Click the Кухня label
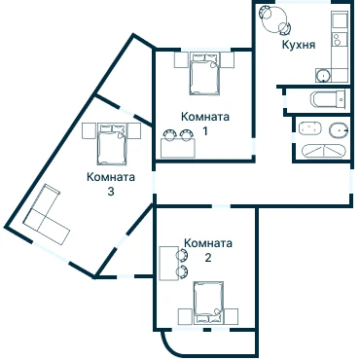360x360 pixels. (x=299, y=45)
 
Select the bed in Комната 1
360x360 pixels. (x=204, y=74)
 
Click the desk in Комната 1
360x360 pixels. (x=178, y=148)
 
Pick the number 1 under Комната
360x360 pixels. (x=205, y=131)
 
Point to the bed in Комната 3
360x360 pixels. (x=112, y=144)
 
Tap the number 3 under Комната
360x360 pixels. (x=111, y=192)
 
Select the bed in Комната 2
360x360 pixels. (x=208, y=303)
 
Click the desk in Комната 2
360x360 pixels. (x=169, y=263)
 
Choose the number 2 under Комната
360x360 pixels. (x=208, y=258)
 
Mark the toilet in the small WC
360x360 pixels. (x=327, y=98)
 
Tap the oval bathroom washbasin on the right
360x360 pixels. (x=338, y=130)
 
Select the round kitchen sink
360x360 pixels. (x=323, y=76)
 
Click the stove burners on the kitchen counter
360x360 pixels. (x=338, y=39)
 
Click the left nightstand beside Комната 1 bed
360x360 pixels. (x=181, y=59)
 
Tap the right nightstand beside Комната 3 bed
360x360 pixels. (x=133, y=130)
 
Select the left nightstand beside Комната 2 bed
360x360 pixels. (x=186, y=316)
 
